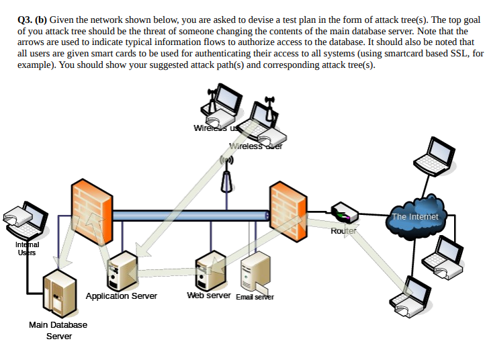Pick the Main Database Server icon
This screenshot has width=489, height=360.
[60, 293]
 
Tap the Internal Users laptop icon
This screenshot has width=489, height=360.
[26, 218]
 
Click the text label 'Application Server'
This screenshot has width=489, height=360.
[122, 296]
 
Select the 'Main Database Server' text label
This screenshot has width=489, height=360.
[58, 330]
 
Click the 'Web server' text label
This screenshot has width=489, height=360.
[208, 296]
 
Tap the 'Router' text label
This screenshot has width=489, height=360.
[343, 231]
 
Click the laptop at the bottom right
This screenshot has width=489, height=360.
[411, 297]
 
